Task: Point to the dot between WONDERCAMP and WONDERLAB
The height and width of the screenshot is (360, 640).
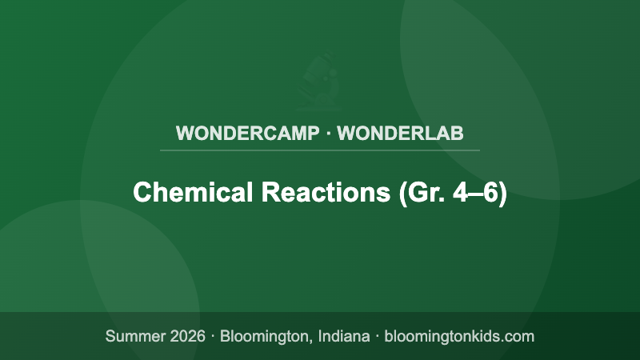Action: coord(328,133)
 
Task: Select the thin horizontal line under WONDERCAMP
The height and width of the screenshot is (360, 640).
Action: coord(320,150)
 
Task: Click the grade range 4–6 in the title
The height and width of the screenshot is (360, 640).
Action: coord(478,193)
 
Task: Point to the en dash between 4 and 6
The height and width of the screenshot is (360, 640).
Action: coord(478,194)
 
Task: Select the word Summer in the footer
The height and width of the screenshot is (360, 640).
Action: coord(134,336)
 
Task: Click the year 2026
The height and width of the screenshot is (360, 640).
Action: coord(186,336)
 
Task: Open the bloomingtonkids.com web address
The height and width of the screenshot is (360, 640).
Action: coord(459,336)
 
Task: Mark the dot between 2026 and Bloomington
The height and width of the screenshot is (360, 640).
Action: coord(213,336)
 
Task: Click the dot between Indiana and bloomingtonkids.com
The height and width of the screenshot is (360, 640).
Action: coord(377,336)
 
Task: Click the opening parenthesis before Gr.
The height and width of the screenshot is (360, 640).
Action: coord(402,193)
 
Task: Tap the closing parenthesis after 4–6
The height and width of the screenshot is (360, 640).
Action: coord(503,193)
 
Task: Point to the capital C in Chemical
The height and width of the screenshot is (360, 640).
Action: coord(142,193)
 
